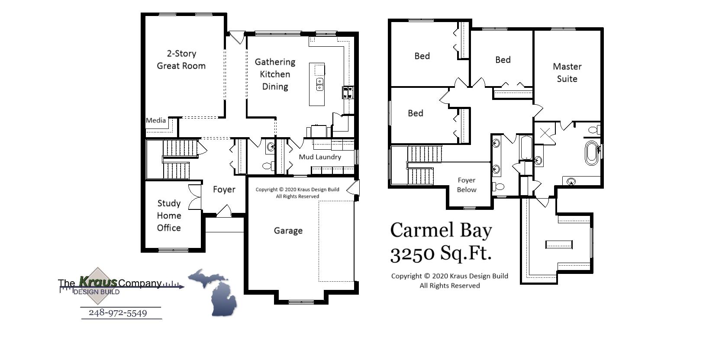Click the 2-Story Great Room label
point(181,60)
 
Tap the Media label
point(156,121)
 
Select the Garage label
point(288,231)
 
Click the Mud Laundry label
point(320,157)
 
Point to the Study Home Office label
point(169,215)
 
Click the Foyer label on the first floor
point(224,190)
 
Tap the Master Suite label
point(567,73)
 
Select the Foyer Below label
point(467,185)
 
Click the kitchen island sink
point(319,84)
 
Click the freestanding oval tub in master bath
point(591,152)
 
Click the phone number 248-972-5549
point(118,313)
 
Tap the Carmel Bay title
point(441,230)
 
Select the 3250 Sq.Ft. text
point(441,253)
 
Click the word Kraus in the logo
point(98,282)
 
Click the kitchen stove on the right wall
point(348,92)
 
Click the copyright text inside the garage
point(297,193)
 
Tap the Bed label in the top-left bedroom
point(422,56)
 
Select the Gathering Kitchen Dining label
point(275,74)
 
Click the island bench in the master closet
point(559,244)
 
